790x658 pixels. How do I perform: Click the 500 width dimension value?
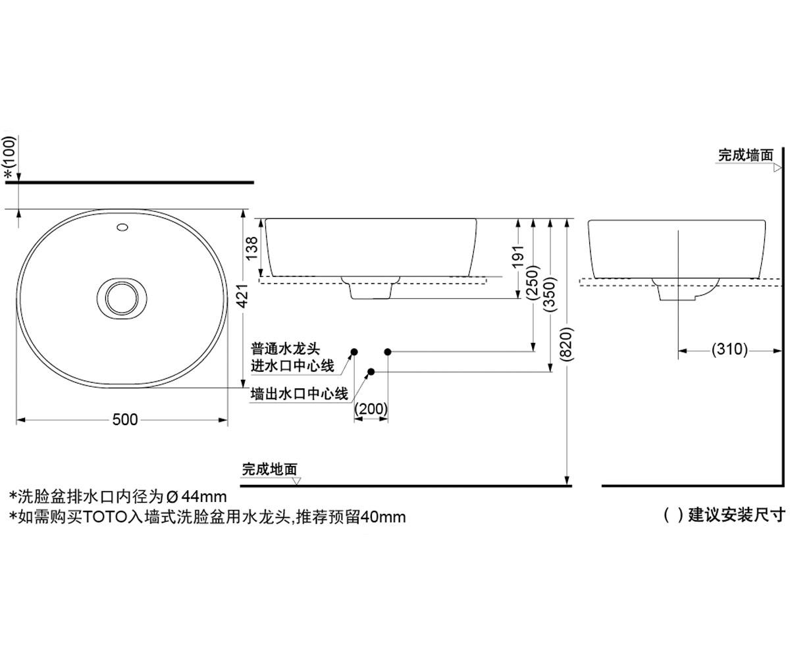click(x=125, y=420)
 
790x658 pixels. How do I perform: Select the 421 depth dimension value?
click(x=242, y=295)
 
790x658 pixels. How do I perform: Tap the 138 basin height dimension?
click(x=251, y=248)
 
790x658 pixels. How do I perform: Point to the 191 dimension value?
click(x=518, y=257)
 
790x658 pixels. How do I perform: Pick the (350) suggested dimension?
click(x=550, y=293)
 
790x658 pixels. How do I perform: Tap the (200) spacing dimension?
click(x=371, y=409)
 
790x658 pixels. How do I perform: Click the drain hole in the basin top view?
click(x=122, y=298)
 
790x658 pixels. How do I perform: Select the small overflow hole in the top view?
click(x=122, y=227)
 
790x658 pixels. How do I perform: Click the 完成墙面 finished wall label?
click(x=745, y=155)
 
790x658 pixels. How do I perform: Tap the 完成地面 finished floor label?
click(x=269, y=469)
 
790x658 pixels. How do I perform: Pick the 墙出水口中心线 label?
click(x=299, y=394)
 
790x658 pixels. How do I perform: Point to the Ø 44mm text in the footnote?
click(x=196, y=497)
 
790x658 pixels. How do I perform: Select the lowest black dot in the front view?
click(x=371, y=372)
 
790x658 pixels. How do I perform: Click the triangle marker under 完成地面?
click(x=297, y=481)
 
